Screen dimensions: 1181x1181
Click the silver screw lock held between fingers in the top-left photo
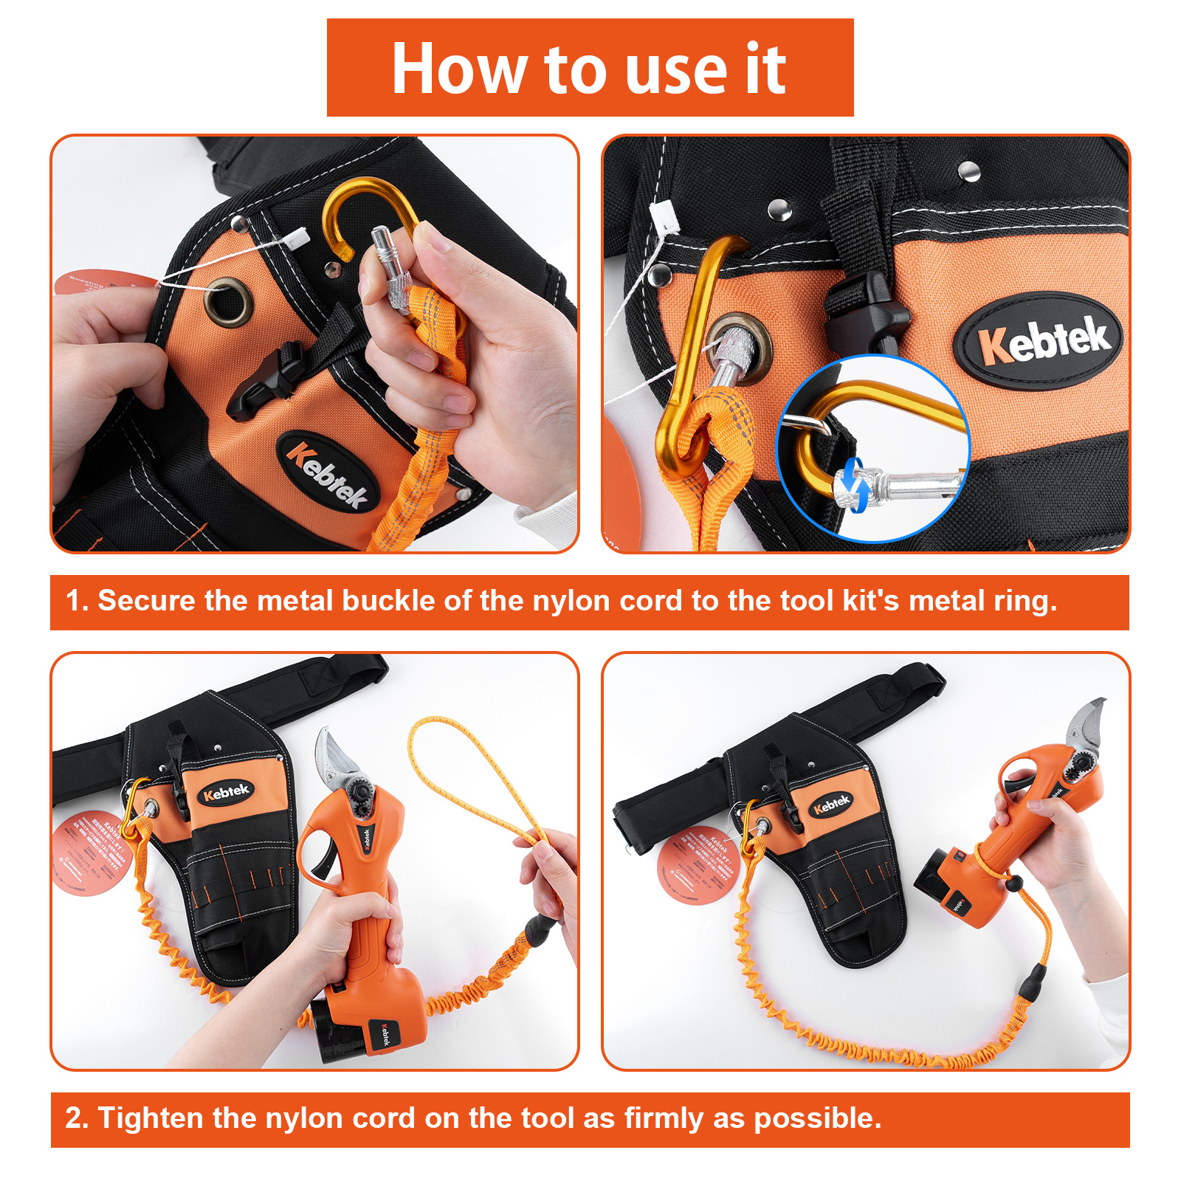391,266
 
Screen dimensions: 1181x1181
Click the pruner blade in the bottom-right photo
1085,720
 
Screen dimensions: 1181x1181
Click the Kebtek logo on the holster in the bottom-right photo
831,805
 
